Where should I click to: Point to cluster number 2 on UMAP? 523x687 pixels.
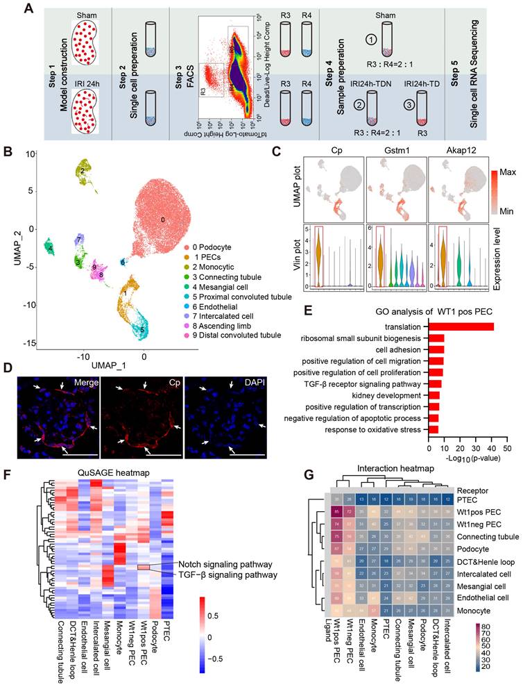(82, 169)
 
